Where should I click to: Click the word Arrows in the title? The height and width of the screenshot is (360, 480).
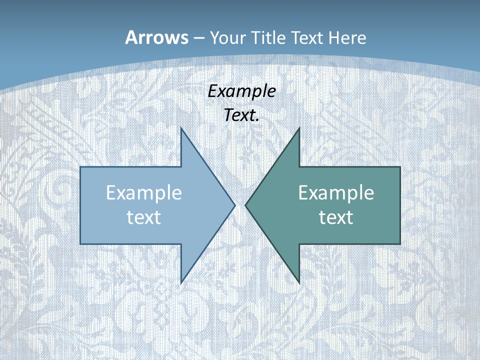coord(156,37)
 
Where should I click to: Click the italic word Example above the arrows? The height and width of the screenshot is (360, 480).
coord(241,91)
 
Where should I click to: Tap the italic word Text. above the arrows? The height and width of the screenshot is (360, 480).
coord(241,115)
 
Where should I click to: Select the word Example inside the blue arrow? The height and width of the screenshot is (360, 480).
coord(144,193)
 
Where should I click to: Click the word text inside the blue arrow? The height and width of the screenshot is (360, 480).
coord(144,217)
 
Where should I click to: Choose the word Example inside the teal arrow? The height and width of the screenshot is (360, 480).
coord(336,193)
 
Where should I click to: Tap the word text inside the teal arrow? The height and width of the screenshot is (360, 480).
coord(336,217)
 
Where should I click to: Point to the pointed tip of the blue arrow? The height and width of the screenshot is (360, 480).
coord(234,205)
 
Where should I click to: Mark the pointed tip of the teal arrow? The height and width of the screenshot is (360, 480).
coord(246,205)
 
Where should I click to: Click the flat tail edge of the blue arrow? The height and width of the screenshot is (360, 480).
coord(80,205)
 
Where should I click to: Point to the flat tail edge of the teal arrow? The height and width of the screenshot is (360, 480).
coord(400,205)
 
